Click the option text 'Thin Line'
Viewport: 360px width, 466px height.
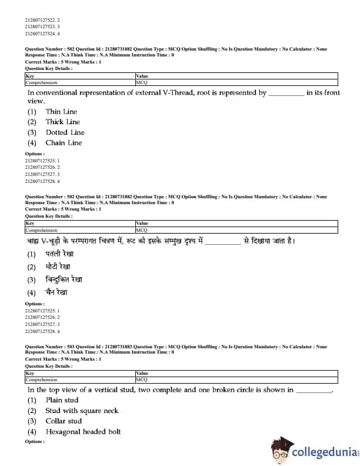(x=61, y=112)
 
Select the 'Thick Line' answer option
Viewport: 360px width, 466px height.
(x=62, y=122)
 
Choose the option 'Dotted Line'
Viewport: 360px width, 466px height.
(x=65, y=132)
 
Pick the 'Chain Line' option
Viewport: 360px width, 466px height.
(x=64, y=143)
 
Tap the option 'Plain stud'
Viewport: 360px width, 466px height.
(x=62, y=400)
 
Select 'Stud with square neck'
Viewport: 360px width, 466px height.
(x=82, y=411)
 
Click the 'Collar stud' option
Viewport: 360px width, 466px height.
(x=64, y=421)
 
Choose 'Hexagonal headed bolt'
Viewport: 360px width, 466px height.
(x=83, y=432)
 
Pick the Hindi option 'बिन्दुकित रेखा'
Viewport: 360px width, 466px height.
(x=64, y=279)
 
